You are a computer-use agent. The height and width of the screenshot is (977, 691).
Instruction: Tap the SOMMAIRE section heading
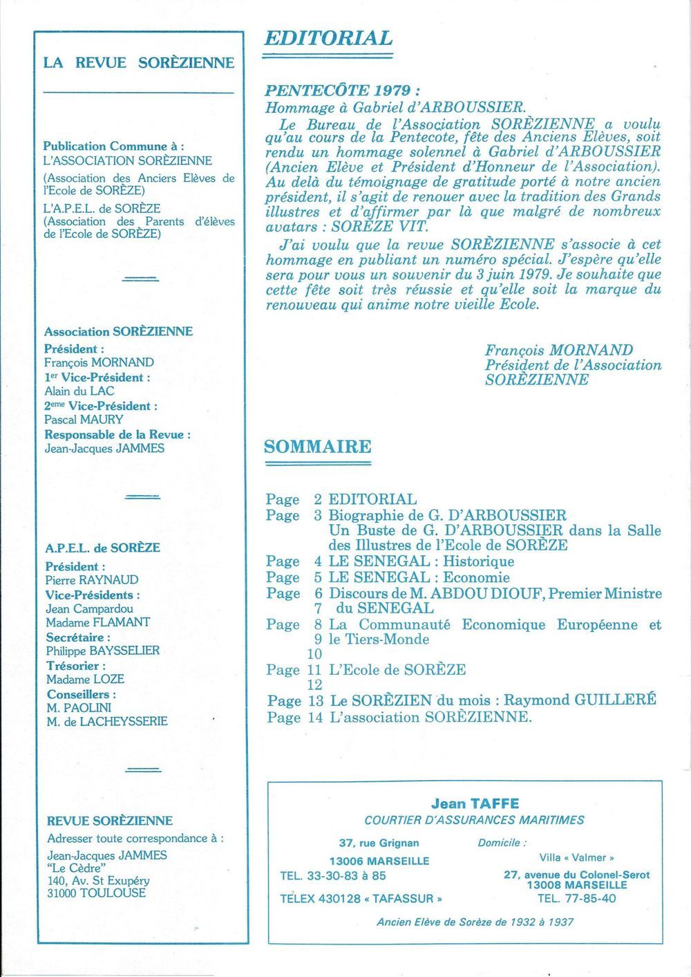tap(317, 446)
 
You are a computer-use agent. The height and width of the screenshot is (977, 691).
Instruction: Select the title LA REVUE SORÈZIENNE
tap(138, 63)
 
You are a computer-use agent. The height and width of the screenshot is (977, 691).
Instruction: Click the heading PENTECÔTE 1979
tap(343, 91)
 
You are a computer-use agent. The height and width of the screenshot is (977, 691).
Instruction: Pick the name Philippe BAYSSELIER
tap(103, 651)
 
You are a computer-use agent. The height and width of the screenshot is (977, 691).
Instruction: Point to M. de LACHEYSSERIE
tap(106, 721)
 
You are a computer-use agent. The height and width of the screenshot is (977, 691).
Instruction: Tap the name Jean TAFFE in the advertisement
tap(475, 803)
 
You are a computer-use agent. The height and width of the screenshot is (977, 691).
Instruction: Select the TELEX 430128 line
tap(361, 899)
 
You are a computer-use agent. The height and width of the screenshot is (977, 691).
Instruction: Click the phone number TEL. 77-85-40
tap(576, 898)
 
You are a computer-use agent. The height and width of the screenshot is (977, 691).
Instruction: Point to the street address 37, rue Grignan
tap(379, 843)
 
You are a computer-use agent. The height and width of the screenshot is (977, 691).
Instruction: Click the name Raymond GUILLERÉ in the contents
tap(579, 699)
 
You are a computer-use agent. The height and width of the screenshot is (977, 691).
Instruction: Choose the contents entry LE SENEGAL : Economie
tap(419, 577)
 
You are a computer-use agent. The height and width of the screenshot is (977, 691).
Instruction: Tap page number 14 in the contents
tap(315, 717)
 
